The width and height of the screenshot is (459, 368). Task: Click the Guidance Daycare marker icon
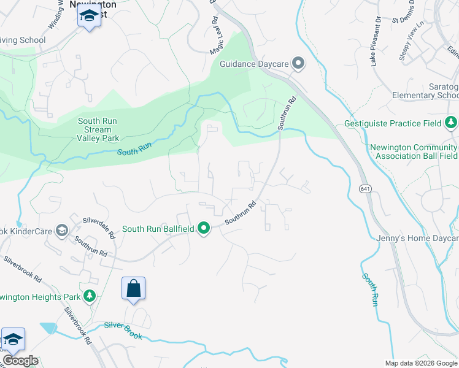[x=298, y=62]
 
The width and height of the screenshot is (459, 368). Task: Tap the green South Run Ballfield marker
[x=203, y=229]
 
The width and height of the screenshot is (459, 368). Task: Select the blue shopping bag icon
[x=133, y=289]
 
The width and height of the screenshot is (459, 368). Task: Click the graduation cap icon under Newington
[x=89, y=17]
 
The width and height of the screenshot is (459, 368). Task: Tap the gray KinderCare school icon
[x=61, y=230]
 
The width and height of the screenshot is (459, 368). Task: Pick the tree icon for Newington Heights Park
[x=90, y=297]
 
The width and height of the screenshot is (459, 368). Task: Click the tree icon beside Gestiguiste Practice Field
[x=451, y=123]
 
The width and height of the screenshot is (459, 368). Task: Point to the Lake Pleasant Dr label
[x=376, y=42]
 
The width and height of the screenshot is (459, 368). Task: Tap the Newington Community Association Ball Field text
[x=414, y=152]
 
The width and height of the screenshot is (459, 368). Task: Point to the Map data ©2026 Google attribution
[x=420, y=363]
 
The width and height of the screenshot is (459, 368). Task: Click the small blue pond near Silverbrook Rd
[x=48, y=328]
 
